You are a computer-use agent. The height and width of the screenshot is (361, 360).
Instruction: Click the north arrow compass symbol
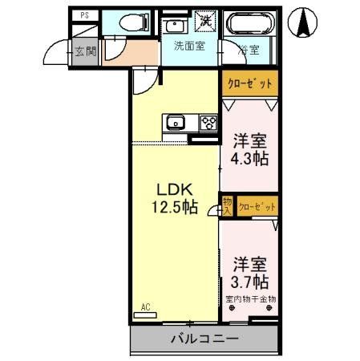coord(305,22)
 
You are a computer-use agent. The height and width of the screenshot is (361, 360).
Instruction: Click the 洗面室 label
coord(189,46)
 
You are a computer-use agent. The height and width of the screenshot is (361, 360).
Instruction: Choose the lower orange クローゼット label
coord(257,206)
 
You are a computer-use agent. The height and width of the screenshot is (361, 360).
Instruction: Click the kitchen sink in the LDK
coord(176,123)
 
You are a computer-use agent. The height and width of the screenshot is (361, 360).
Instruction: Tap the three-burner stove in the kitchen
coord(208,123)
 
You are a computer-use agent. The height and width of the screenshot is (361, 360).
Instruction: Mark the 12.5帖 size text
coord(176,209)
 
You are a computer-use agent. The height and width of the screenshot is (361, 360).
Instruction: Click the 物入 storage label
coord(227,205)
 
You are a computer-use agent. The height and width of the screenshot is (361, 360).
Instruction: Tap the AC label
coord(146,306)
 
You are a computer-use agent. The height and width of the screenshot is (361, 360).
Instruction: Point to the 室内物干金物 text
coord(250,299)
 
